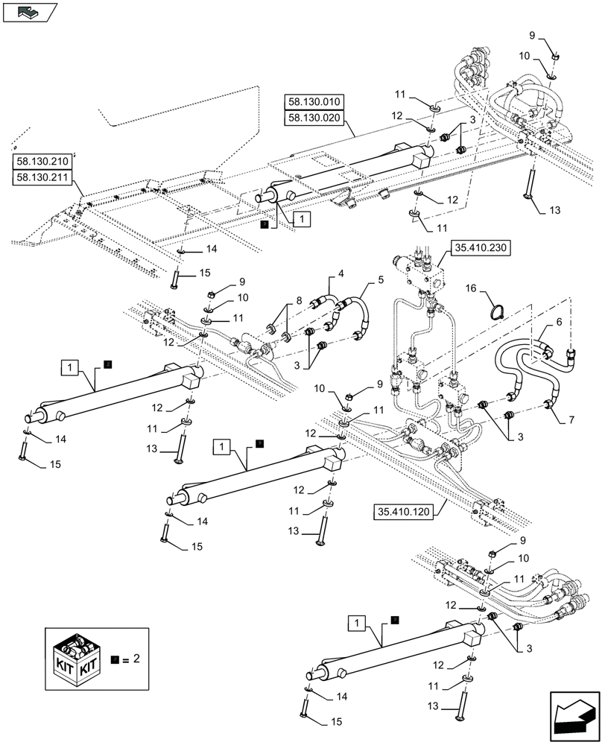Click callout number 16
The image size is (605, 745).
click(x=471, y=286)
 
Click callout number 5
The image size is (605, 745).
click(x=381, y=280)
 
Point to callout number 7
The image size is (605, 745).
click(x=571, y=420)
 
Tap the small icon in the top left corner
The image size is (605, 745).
click(x=29, y=12)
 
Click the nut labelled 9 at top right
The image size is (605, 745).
click(x=555, y=55)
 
